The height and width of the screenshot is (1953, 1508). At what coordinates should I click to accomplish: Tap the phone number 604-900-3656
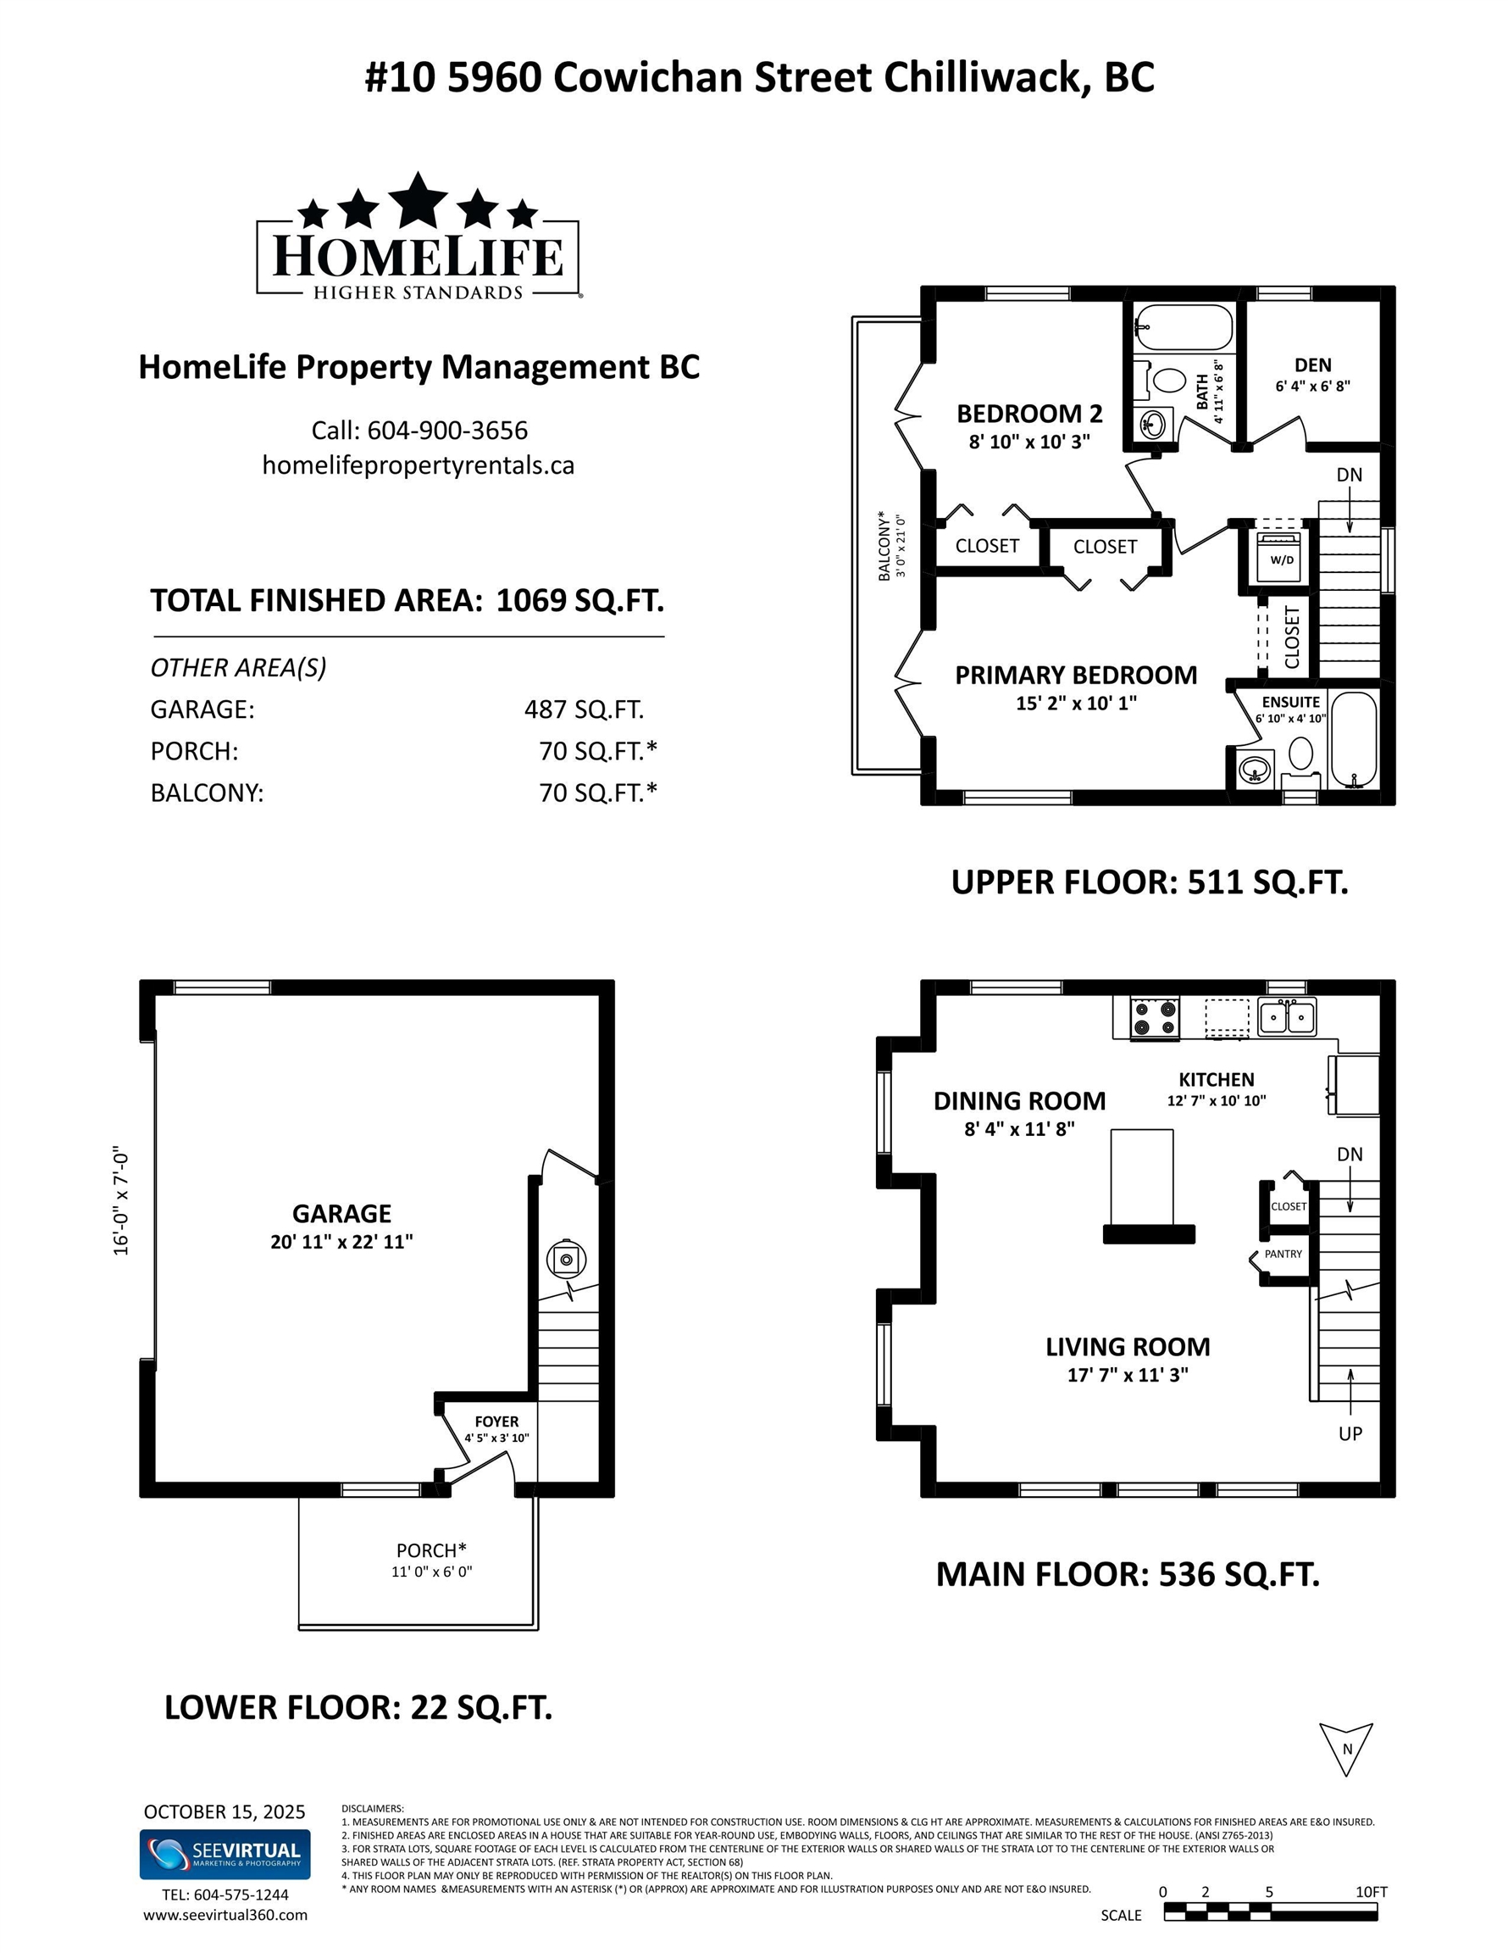[447, 430]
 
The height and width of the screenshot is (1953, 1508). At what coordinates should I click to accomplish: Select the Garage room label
[341, 1214]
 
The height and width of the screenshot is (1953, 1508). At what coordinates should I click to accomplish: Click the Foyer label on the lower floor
[496, 1422]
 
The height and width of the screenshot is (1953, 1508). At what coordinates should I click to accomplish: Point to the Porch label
[431, 1550]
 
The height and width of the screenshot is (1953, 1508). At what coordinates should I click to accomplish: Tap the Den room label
[1312, 364]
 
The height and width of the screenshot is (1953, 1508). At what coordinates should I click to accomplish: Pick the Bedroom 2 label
[1028, 414]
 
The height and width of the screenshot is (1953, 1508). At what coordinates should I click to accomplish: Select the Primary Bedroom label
[1076, 675]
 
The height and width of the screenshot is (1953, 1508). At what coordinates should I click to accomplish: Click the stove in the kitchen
[1155, 1018]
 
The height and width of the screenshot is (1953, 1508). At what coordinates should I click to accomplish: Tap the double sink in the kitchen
[1287, 1015]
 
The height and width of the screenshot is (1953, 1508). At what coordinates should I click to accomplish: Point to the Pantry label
[1283, 1254]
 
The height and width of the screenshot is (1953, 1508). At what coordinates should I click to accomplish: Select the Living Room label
[1128, 1347]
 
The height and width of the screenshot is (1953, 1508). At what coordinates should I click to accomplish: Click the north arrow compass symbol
[1346, 1749]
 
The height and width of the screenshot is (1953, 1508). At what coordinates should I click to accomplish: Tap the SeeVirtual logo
[225, 1855]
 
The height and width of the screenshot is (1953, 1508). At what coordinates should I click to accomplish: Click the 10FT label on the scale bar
[1372, 1892]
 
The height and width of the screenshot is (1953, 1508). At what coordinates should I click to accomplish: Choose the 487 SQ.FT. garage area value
[584, 709]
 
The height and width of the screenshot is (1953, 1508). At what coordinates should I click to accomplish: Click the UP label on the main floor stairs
[1350, 1433]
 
